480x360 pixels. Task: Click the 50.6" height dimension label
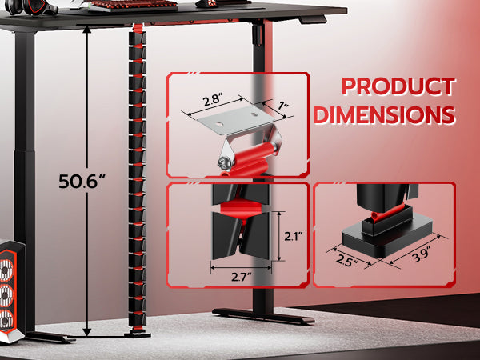(82, 181)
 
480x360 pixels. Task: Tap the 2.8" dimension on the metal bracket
(213, 101)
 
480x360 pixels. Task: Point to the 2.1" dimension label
(294, 236)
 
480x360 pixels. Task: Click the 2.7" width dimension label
(241, 277)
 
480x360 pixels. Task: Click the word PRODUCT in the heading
(398, 86)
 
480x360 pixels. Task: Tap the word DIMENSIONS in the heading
(385, 114)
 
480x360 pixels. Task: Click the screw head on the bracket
(225, 162)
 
